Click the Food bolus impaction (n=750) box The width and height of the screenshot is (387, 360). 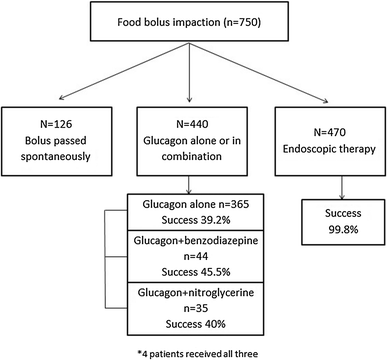pos(192,26)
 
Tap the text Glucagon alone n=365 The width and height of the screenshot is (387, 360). pos(192,205)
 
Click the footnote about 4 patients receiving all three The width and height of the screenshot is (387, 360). pos(192,351)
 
